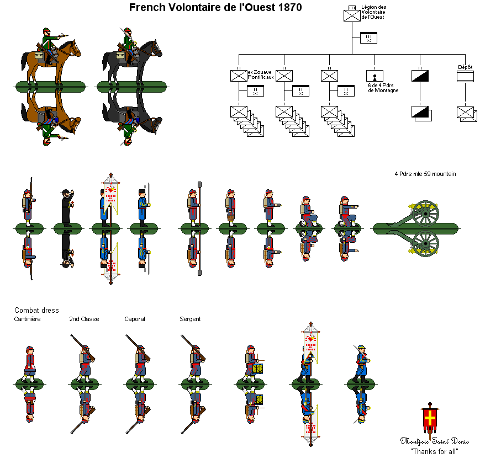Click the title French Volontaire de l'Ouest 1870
point(215,8)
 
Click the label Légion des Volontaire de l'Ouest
point(373,12)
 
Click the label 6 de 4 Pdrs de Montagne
point(383,88)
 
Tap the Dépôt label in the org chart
point(465,67)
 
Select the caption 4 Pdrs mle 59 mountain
point(425,174)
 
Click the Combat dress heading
point(36,310)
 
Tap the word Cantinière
point(27,319)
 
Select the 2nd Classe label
point(84,319)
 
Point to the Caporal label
point(135,319)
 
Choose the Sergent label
point(190,319)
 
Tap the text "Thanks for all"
point(434,451)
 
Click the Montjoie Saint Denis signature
point(434,441)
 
